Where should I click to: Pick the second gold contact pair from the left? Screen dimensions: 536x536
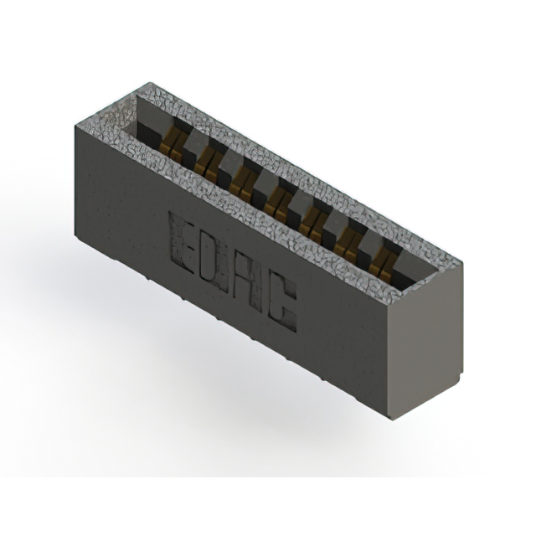click(x=208, y=164)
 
